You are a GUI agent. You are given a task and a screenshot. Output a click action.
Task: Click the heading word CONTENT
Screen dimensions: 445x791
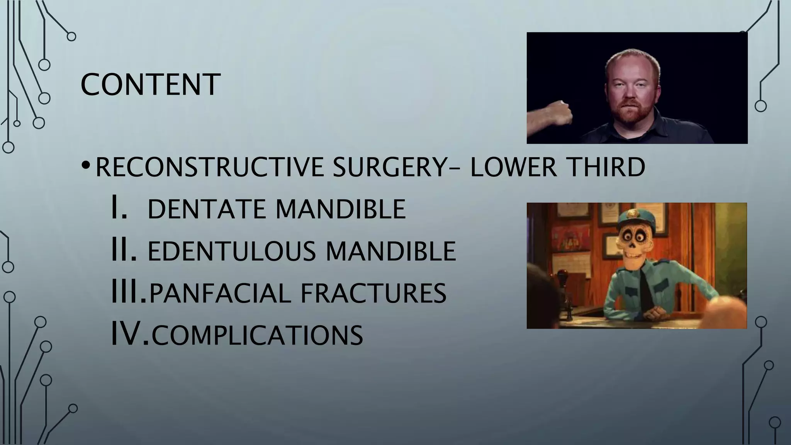150,85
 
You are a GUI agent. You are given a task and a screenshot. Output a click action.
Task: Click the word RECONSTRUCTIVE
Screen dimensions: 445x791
209,167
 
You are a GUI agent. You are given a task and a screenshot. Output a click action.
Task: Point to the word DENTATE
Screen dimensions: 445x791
205,209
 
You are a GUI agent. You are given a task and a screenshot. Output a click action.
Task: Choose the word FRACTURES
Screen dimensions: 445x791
373,293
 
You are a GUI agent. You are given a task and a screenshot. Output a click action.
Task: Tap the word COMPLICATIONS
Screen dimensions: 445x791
257,335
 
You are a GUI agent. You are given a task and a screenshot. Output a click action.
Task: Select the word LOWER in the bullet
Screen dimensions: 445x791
513,167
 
